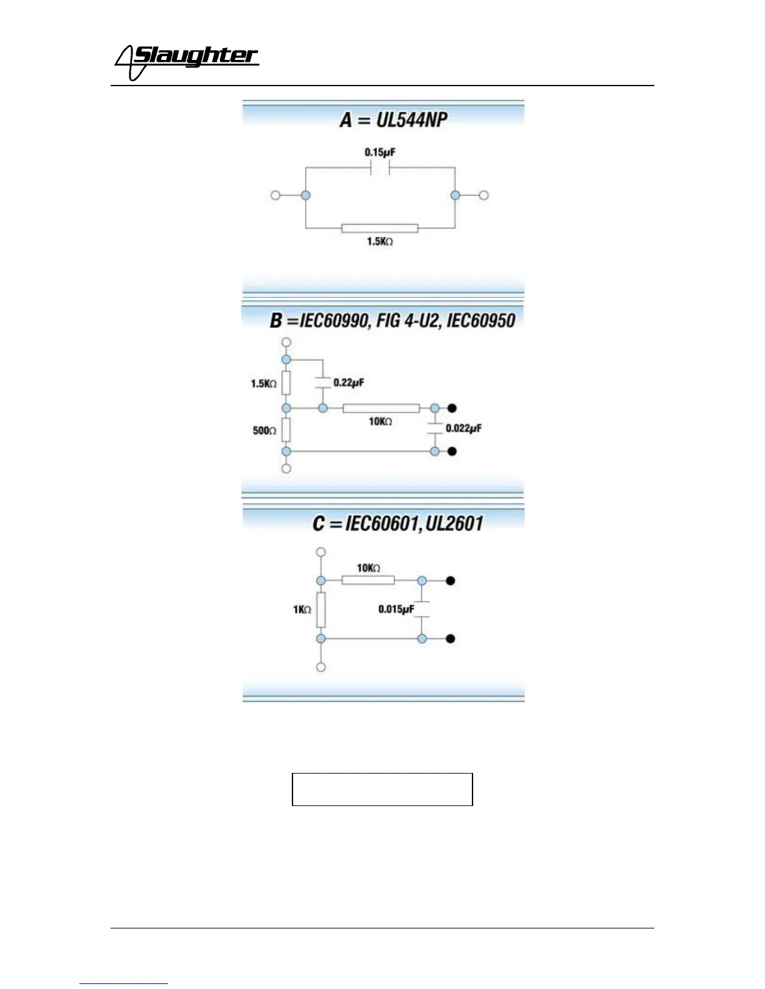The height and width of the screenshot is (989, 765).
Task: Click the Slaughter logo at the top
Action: point(186,61)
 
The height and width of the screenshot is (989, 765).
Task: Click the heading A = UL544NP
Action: point(394,119)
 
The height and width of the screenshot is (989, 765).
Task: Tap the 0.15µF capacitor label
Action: point(380,152)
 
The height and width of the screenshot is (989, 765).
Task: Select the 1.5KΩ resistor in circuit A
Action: point(379,228)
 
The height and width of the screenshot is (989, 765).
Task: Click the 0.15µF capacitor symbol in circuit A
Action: point(380,168)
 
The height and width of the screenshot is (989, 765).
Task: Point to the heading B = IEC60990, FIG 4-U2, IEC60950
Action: point(392,320)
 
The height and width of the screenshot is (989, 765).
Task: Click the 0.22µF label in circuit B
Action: point(348,382)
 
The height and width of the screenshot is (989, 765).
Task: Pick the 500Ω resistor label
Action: point(264,430)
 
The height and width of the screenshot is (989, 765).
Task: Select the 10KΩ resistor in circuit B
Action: point(381,408)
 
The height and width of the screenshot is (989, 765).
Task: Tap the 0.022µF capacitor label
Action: point(463,428)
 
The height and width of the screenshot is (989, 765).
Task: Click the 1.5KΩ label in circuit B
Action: point(264,383)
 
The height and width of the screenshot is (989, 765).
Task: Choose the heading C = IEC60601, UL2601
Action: point(397,523)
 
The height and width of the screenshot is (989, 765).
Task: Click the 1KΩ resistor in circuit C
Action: point(321,609)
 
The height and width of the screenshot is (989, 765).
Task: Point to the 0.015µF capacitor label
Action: point(396,609)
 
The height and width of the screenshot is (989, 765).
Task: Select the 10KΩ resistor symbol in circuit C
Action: point(368,581)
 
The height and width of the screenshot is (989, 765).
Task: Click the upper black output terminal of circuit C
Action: point(450,581)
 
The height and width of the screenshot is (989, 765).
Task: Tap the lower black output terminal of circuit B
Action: point(452,451)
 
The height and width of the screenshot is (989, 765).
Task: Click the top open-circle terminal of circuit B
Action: point(286,342)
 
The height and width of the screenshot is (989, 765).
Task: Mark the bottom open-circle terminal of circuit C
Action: point(321,667)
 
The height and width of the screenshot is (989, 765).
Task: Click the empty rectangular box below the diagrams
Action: point(382,789)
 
